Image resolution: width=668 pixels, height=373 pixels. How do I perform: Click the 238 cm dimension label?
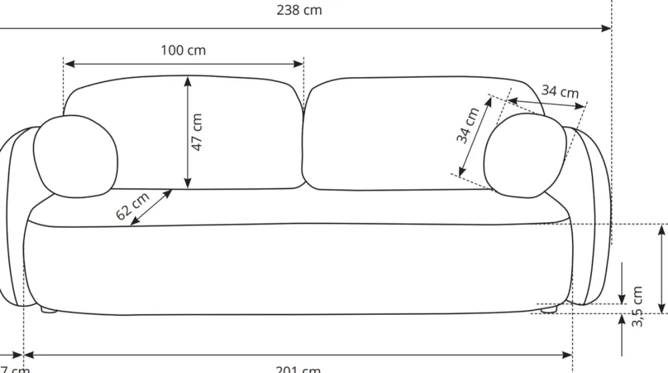(299, 11)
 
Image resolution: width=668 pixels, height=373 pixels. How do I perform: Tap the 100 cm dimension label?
(183, 50)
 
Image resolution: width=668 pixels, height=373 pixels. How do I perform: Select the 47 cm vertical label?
(197, 132)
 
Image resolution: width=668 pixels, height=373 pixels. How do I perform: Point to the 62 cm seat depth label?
(132, 206)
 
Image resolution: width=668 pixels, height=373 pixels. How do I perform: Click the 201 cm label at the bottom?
(298, 368)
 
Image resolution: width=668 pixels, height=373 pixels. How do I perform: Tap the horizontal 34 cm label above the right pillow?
(560, 91)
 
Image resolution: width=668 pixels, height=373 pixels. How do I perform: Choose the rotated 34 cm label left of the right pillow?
(468, 126)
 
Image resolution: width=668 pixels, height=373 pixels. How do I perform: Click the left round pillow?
(75, 156)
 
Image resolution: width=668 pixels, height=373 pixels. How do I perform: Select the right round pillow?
(524, 155)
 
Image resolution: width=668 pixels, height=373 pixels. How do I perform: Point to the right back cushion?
(401, 134)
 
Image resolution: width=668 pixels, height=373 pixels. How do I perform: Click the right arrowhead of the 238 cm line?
(607, 28)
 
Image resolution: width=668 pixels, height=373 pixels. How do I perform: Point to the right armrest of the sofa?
(591, 214)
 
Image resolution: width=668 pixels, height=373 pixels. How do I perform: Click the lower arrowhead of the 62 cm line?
(134, 223)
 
